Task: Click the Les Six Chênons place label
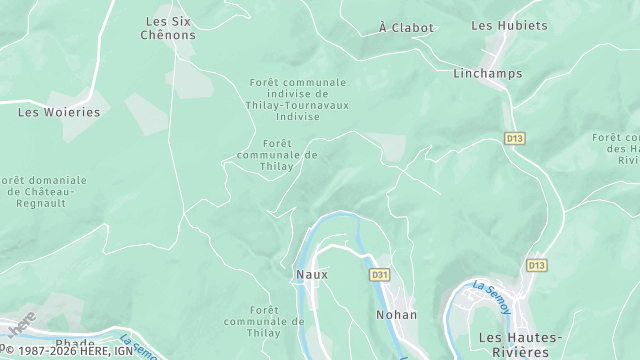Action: coord(170,27)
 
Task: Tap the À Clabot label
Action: coord(407,28)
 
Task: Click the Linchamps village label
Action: coord(487,74)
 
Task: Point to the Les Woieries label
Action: coord(59,112)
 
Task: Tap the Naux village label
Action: coord(311,273)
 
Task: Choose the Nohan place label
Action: coord(396,315)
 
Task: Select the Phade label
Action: coord(75,344)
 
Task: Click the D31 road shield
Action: coord(379,274)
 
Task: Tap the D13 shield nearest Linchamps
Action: coord(515,137)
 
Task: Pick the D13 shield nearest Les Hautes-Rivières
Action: coord(537,265)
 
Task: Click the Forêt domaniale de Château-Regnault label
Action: coord(50,191)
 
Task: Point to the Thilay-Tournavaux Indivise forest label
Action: coord(297,99)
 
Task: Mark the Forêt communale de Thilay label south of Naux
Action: coord(264,321)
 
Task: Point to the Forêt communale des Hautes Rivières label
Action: coord(615,148)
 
